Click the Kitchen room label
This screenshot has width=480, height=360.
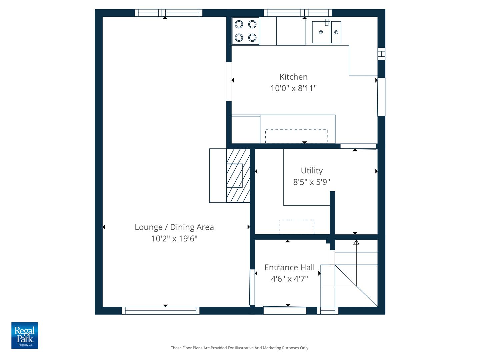tap(293, 77)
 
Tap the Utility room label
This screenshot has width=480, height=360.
tap(312, 171)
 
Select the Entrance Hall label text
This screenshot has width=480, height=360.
tap(289, 267)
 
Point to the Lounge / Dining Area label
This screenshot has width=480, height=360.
tap(174, 227)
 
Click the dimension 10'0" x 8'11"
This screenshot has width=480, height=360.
tap(293, 88)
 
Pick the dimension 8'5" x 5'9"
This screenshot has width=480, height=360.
tap(312, 182)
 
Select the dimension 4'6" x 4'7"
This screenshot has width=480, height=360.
tap(289, 279)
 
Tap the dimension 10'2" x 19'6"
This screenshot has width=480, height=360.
tap(174, 239)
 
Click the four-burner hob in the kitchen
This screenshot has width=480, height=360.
tap(246, 31)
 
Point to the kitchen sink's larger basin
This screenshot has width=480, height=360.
tap(321, 32)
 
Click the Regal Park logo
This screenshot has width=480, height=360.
tap(25, 335)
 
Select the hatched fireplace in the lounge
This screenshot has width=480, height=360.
tap(238, 176)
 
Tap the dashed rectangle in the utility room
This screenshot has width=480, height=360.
tap(296, 227)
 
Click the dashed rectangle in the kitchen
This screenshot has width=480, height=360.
tap(296, 136)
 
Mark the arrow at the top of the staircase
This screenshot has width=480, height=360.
tap(356, 242)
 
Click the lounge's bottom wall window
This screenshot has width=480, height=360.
tap(161, 311)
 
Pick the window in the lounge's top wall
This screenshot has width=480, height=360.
tap(168, 13)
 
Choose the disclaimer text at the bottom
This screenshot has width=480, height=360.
tap(240, 348)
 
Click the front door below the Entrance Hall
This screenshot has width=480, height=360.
tap(285, 311)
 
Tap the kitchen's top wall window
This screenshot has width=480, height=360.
tap(298, 13)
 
